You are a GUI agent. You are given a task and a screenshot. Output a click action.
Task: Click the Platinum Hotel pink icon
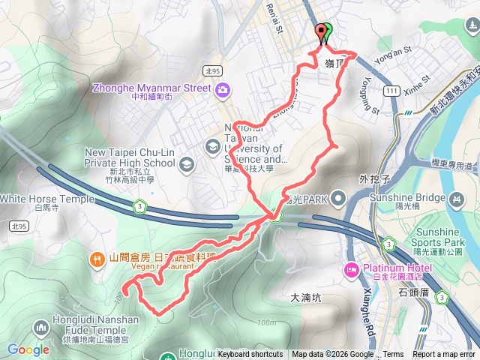pyautogui.click(x=351, y=269)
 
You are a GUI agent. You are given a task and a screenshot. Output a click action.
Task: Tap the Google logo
pyautogui.click(x=28, y=349)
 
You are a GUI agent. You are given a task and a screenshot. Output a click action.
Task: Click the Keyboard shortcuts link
pyautogui.click(x=250, y=355)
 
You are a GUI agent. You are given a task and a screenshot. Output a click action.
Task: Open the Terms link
pyautogui.click(x=393, y=355)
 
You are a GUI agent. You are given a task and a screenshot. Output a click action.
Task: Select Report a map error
pyautogui.click(x=445, y=355)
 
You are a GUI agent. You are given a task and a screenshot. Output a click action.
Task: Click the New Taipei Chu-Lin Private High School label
pyautogui.click(x=130, y=157)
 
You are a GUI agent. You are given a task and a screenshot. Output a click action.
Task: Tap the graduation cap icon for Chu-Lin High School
pyautogui.click(x=187, y=163)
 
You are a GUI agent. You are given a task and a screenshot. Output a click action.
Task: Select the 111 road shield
pyautogui.click(x=390, y=91)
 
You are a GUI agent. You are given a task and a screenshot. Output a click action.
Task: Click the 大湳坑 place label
pyautogui.click(x=305, y=298)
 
